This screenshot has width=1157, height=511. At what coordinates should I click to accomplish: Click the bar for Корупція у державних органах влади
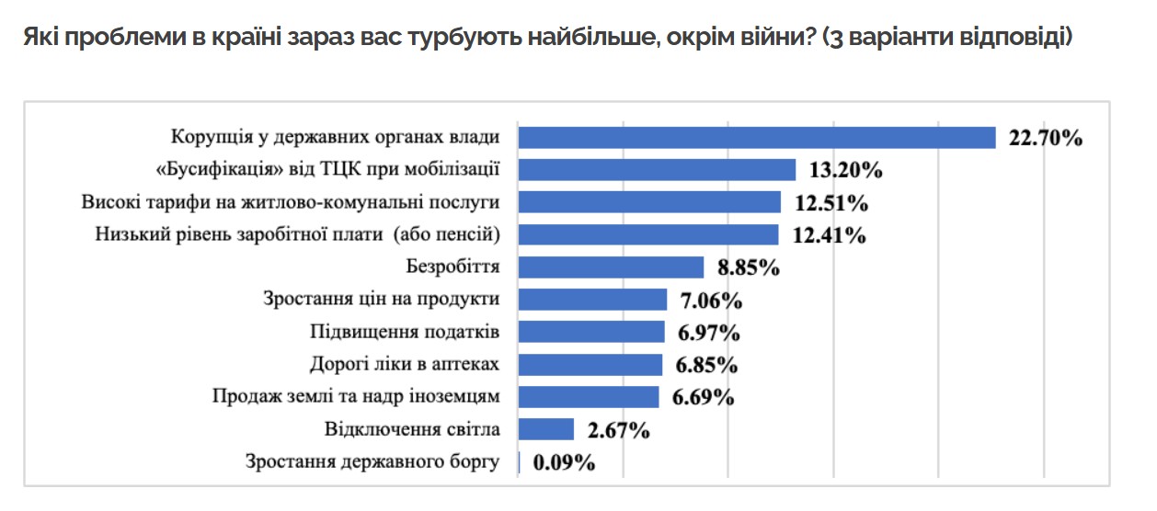756,138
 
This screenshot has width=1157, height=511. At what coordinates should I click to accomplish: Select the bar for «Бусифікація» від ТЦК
657,170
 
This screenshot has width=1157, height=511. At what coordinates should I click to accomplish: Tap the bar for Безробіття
611,267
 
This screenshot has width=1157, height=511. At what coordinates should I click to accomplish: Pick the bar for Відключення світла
546,429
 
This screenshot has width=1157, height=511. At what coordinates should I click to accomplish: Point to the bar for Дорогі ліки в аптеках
590,365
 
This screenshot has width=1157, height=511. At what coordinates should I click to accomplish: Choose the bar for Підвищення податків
590,332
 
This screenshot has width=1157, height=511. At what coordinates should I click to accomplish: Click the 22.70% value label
1046,139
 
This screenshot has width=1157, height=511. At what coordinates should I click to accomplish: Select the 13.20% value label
845,171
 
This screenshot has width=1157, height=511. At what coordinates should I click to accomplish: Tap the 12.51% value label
831,203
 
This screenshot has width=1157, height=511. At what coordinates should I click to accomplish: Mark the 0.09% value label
564,462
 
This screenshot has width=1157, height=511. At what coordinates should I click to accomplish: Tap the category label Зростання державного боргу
372,461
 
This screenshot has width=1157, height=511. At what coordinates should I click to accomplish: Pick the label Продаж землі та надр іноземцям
356,397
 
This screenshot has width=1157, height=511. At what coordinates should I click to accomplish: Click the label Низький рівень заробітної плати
297,235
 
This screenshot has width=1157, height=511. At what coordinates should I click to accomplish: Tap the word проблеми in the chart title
113,40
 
